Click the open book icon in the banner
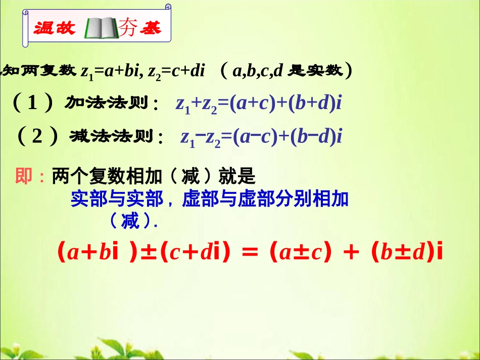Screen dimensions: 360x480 pos(101,28)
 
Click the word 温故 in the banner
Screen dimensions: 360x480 pos(55,28)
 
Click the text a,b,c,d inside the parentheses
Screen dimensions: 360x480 pos(259,71)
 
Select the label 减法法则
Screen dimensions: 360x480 pos(112,136)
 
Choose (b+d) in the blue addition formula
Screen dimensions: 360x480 pos(313,104)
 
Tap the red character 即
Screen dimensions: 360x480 pos(24,177)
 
